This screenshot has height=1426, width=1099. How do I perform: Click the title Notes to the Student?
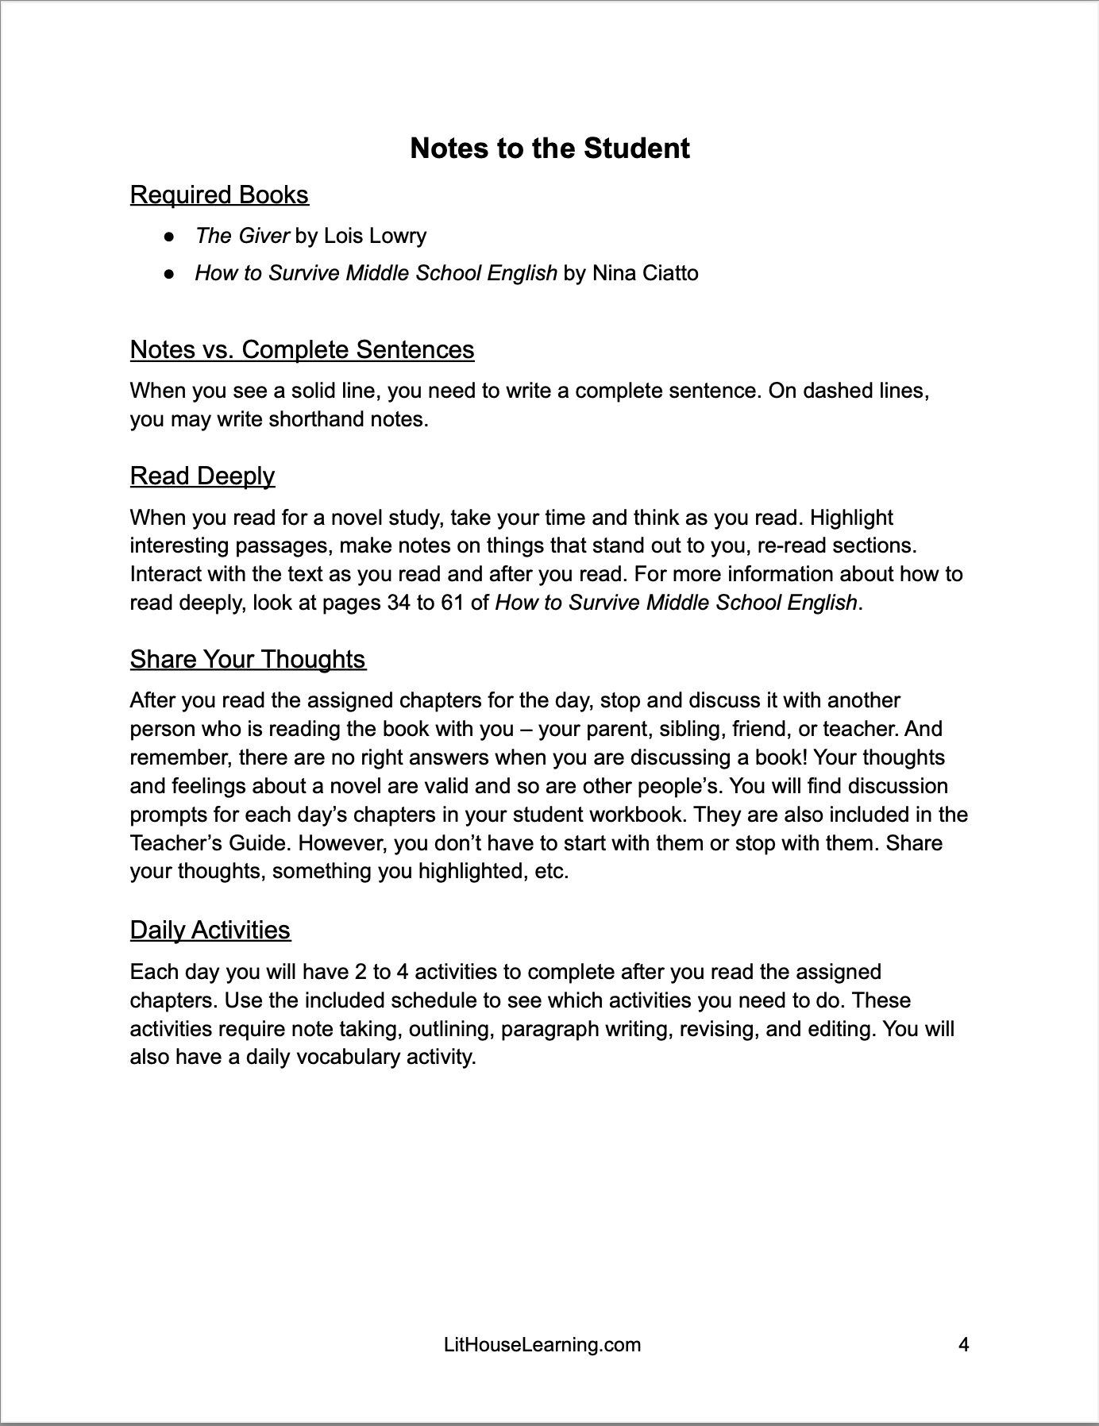tap(549, 148)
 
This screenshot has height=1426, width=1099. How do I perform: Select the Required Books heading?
tap(219, 195)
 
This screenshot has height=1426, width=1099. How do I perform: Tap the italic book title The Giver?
tap(241, 236)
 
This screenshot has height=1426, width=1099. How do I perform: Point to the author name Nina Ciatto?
tap(646, 273)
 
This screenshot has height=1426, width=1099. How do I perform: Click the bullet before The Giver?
tap(168, 237)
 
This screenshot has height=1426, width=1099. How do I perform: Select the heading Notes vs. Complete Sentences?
tap(302, 349)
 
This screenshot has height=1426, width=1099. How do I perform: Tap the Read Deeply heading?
tap(202, 476)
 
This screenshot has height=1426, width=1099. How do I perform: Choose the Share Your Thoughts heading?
tap(248, 659)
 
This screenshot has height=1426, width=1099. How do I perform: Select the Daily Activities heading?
tap(210, 930)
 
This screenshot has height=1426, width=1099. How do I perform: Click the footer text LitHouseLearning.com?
tap(542, 1344)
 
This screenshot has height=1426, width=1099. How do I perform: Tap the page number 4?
tap(964, 1344)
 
